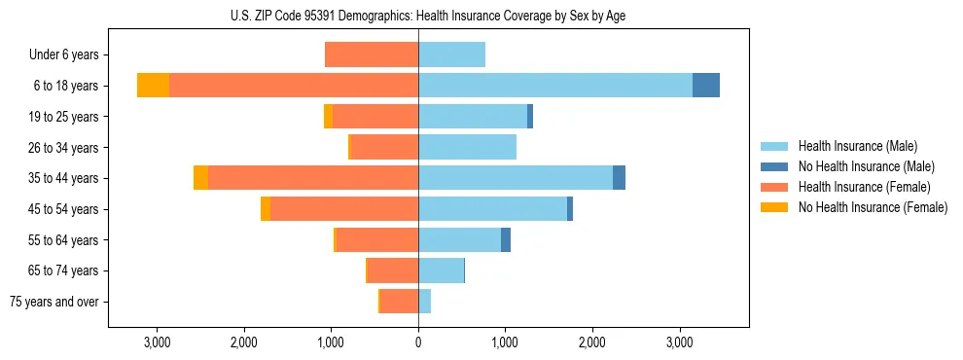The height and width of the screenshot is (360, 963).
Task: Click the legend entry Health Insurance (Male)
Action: (x=857, y=146)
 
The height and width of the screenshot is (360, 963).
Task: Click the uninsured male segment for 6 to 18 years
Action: (x=706, y=86)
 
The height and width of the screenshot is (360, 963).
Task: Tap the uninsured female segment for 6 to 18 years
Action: (x=153, y=86)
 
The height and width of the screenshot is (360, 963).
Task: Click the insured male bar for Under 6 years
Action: (x=451, y=54)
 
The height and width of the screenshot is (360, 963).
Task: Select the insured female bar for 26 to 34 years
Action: (x=384, y=147)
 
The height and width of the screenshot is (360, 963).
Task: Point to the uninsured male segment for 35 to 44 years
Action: (x=619, y=178)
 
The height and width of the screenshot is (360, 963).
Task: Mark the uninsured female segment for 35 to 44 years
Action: (x=200, y=178)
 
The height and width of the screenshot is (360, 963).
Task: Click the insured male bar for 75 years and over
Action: (x=425, y=302)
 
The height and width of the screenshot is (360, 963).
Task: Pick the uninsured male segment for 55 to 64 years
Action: (x=506, y=239)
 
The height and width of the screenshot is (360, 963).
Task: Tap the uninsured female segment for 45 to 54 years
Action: (x=266, y=209)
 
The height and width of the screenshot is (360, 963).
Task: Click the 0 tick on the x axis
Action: (x=418, y=342)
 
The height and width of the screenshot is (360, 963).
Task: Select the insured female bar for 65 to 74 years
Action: (x=393, y=270)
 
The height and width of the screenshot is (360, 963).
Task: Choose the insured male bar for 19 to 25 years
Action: (x=473, y=117)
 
